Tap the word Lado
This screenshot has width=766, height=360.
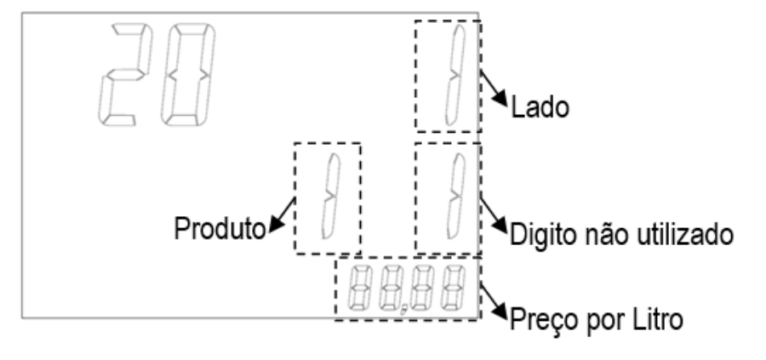pyautogui.click(x=540, y=106)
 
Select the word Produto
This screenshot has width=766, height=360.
pyautogui.click(x=220, y=228)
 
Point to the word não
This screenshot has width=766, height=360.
pyautogui.click(x=597, y=234)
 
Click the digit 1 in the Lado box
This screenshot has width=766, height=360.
pyautogui.click(x=454, y=74)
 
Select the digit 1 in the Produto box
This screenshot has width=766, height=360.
pyautogui.click(x=330, y=197)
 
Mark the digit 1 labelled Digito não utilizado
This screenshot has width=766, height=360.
pyautogui.click(x=456, y=197)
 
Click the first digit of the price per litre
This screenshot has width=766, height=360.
pyautogui.click(x=358, y=289)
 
